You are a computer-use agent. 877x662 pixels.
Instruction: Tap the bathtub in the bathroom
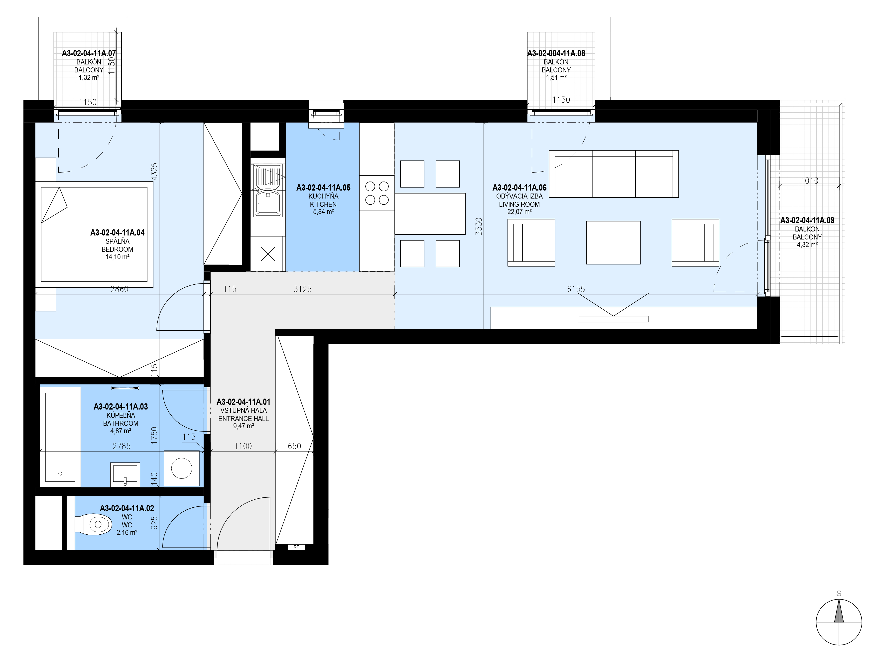click(x=60, y=437)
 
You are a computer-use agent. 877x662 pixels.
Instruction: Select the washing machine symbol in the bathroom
click(x=182, y=468)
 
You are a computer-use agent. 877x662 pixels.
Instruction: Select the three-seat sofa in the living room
click(x=614, y=174)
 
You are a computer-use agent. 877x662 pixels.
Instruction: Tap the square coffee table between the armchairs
click(x=613, y=242)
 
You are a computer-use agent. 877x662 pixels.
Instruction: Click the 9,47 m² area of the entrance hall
click(x=244, y=426)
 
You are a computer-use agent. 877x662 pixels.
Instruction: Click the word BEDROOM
click(x=117, y=249)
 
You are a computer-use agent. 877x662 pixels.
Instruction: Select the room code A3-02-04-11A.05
click(x=324, y=188)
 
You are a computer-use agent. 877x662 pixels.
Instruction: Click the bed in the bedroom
click(x=94, y=234)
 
